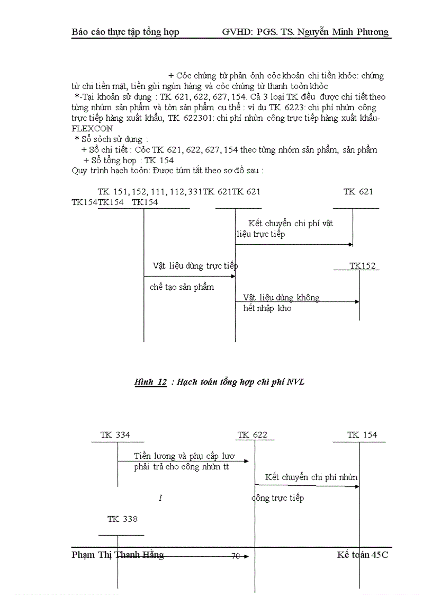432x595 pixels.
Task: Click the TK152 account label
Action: tap(363, 265)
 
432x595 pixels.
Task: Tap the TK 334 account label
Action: tap(115, 435)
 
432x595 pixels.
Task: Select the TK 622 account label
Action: tap(253, 435)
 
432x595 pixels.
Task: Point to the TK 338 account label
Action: tap(122, 519)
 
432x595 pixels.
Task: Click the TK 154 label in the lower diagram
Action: tap(362, 435)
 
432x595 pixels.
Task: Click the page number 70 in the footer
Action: tap(236, 556)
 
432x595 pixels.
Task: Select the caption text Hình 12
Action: tap(151, 382)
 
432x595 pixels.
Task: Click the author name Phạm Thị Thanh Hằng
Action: tap(118, 555)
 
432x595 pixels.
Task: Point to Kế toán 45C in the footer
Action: tap(363, 555)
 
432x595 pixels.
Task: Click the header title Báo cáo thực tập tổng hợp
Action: tap(125, 32)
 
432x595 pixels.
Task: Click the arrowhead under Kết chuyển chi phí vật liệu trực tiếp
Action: tap(351, 244)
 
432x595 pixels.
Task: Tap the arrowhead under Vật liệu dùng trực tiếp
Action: tap(233, 276)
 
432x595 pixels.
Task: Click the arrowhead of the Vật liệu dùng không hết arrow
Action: tap(357, 301)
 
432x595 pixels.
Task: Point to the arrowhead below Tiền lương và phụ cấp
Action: tap(246, 461)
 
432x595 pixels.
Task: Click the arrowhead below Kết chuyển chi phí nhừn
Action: tap(357, 486)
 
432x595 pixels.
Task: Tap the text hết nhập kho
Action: tap(267, 308)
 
